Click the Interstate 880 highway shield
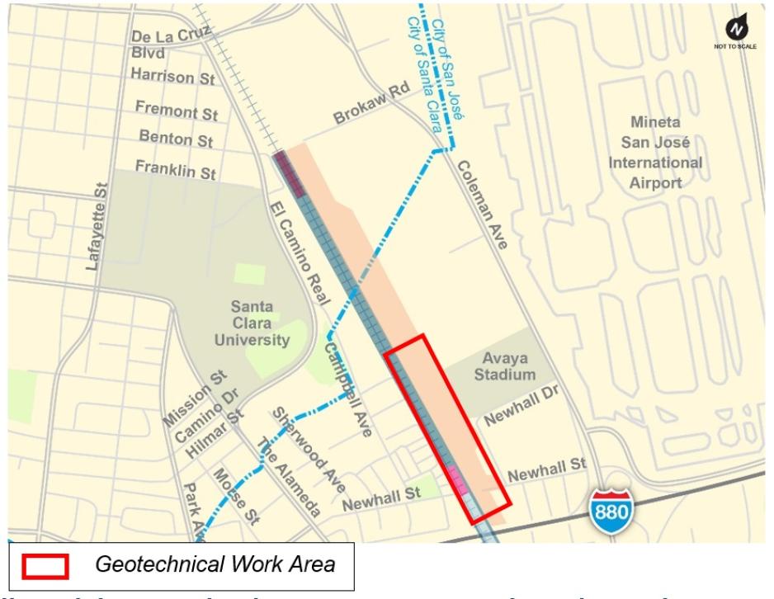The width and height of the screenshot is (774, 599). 611,511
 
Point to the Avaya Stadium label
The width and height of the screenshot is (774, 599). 507,367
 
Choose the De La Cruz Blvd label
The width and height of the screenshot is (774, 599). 169,42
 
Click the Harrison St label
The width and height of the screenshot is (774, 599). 172,78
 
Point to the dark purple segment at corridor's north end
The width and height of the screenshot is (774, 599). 290,172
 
